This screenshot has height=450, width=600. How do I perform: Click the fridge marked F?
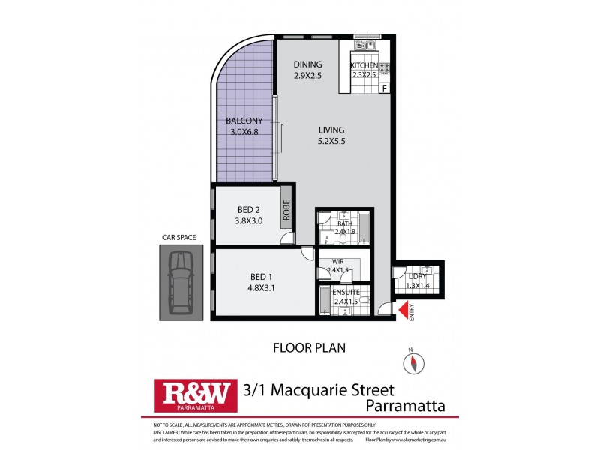pos(385,88)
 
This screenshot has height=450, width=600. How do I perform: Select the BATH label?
pos(344,223)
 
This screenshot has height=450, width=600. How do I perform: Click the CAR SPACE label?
pos(178,238)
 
